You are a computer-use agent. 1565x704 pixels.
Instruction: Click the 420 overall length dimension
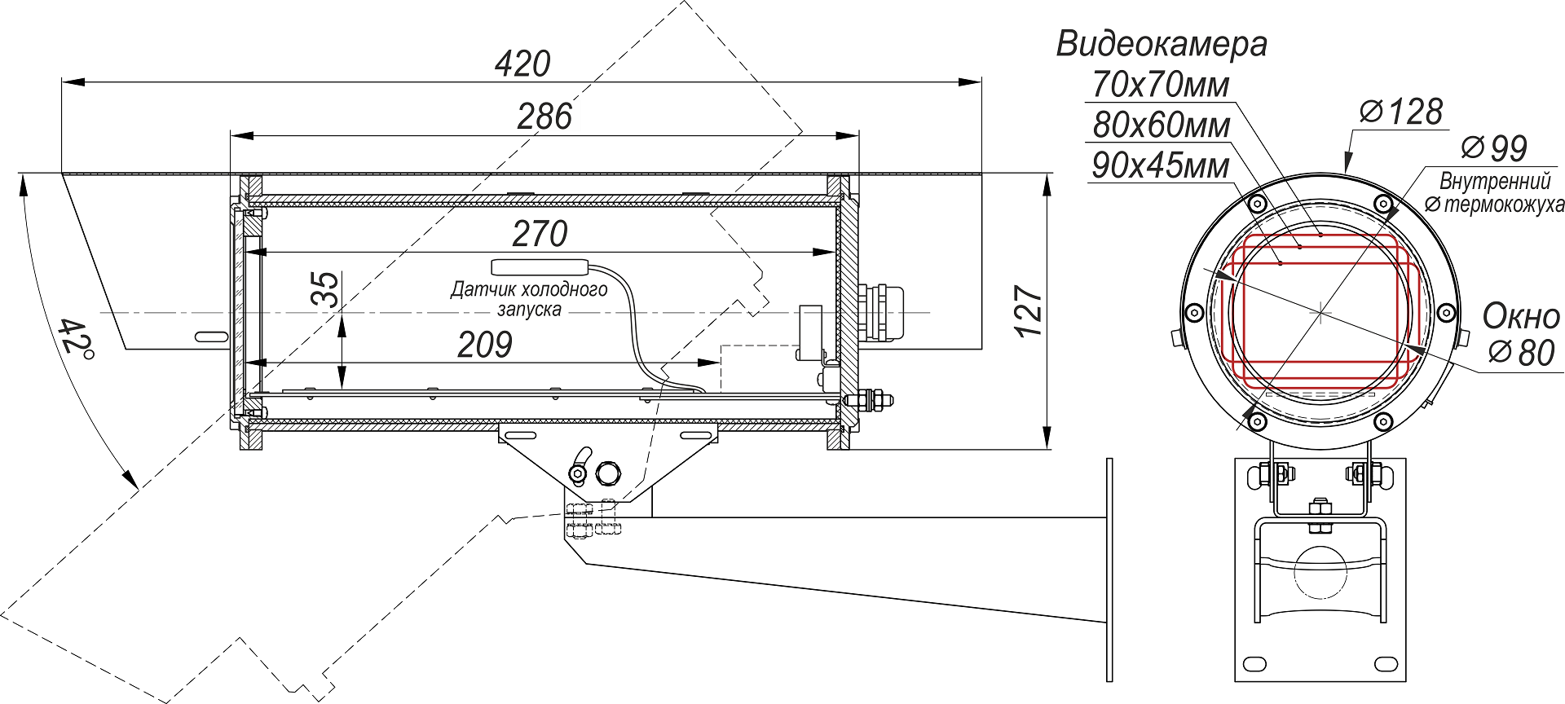click(x=522, y=64)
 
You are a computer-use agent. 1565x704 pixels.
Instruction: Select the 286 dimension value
click(x=544, y=117)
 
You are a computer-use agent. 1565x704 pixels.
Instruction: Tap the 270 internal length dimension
click(x=540, y=235)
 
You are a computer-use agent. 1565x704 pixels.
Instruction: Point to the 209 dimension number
click(x=484, y=345)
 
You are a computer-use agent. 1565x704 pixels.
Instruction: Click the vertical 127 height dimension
click(x=1029, y=311)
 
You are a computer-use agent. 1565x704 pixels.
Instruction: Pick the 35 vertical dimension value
click(x=326, y=289)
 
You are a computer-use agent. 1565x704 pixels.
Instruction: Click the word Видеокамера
click(x=1161, y=44)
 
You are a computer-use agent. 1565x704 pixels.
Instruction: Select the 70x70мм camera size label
click(x=1160, y=85)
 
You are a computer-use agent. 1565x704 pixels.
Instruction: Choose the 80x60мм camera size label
click(x=1161, y=125)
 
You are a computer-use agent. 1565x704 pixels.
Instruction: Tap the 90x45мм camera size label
click(x=1160, y=166)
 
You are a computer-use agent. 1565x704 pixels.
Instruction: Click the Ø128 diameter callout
click(x=1401, y=112)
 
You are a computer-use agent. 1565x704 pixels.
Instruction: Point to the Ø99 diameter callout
click(x=1493, y=148)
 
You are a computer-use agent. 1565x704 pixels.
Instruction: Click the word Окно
click(x=1520, y=316)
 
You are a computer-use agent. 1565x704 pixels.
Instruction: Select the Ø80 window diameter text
click(x=1521, y=353)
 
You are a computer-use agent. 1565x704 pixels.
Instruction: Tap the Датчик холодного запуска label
click(x=529, y=299)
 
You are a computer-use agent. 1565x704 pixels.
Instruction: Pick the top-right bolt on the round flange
click(x=1382, y=203)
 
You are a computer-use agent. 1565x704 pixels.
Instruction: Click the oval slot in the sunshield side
click(x=210, y=336)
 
